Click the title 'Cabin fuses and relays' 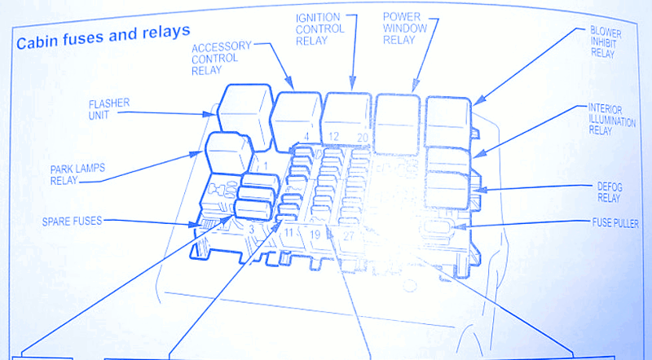[104, 37]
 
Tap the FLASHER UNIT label [109, 109]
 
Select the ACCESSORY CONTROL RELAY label [221, 58]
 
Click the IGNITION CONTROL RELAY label [320, 29]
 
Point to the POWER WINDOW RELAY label [404, 29]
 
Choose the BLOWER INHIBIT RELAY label [606, 42]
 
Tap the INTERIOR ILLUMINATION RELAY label [611, 119]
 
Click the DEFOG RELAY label [609, 192]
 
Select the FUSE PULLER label [615, 223]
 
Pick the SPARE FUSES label [72, 222]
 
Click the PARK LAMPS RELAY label [77, 174]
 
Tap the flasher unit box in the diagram [245, 116]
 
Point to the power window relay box [397, 124]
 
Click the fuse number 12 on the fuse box [333, 136]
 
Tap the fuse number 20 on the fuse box [363, 137]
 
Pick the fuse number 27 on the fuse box [349, 236]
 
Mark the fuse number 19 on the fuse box [315, 235]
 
